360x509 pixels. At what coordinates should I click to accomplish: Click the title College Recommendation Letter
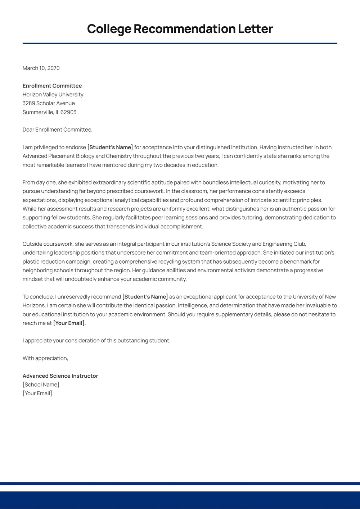(x=180, y=29)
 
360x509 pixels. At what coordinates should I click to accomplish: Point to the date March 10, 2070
(x=41, y=68)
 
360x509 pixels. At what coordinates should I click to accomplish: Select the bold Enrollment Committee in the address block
(x=52, y=86)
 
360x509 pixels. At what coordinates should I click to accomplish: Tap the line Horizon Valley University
(x=53, y=95)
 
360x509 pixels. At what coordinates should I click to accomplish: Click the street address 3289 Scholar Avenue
(x=49, y=103)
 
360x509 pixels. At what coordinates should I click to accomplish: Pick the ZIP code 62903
(x=68, y=112)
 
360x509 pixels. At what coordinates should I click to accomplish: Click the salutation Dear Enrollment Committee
(x=57, y=129)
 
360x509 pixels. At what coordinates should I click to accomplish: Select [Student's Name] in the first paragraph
(x=110, y=147)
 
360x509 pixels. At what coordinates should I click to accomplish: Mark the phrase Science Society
(x=231, y=244)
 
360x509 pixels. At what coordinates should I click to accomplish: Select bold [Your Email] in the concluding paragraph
(x=69, y=323)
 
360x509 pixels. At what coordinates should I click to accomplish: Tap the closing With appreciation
(x=45, y=358)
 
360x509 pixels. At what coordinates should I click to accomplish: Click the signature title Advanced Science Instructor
(x=60, y=376)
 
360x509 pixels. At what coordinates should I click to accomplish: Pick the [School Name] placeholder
(x=41, y=385)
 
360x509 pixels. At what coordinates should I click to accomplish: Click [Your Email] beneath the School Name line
(x=37, y=393)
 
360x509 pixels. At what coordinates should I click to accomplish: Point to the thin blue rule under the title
(x=180, y=43)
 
